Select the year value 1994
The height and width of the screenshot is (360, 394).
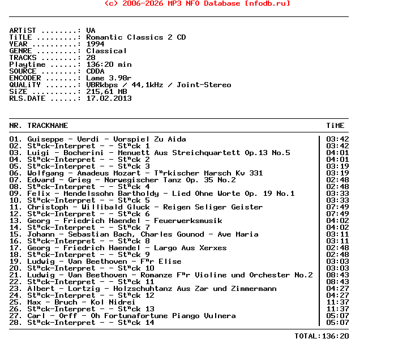[x=96, y=44]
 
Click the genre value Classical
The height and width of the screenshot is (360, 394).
[x=107, y=51]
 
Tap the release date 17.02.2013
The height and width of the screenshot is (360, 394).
[x=109, y=98]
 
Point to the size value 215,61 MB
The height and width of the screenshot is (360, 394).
[x=107, y=92]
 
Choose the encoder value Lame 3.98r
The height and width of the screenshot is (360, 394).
[x=109, y=78]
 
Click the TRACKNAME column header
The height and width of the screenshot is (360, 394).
[x=48, y=126]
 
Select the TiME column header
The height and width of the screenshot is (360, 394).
[x=335, y=126]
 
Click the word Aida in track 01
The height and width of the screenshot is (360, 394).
[x=177, y=139]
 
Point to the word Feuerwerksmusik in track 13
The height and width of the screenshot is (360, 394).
[x=188, y=221]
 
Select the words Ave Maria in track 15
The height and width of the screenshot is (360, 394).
[x=240, y=234]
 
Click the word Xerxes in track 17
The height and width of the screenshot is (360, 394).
[x=213, y=248]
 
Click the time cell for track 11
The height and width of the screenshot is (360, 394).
[x=337, y=207]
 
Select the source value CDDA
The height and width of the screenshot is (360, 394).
[x=96, y=71]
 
